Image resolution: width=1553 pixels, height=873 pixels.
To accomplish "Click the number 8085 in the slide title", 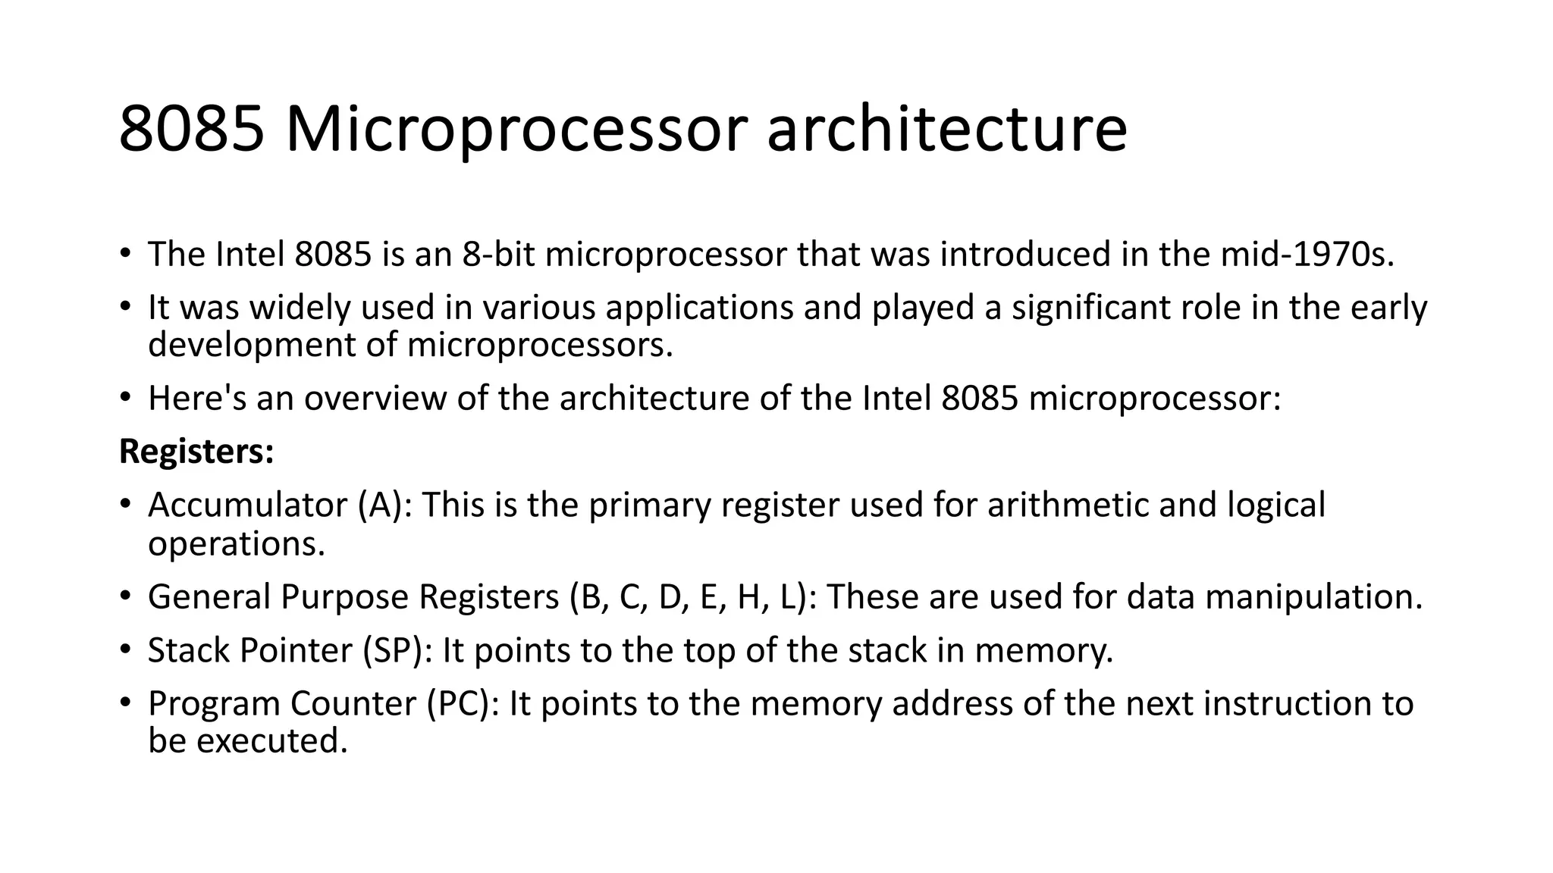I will point(192,129).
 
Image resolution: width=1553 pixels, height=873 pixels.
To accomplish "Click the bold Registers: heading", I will point(196,452).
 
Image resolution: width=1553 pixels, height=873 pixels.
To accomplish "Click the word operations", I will point(236,543).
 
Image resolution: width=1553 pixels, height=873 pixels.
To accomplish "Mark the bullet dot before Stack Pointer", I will point(126,649).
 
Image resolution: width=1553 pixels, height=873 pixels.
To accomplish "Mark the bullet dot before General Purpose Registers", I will point(126,596).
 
